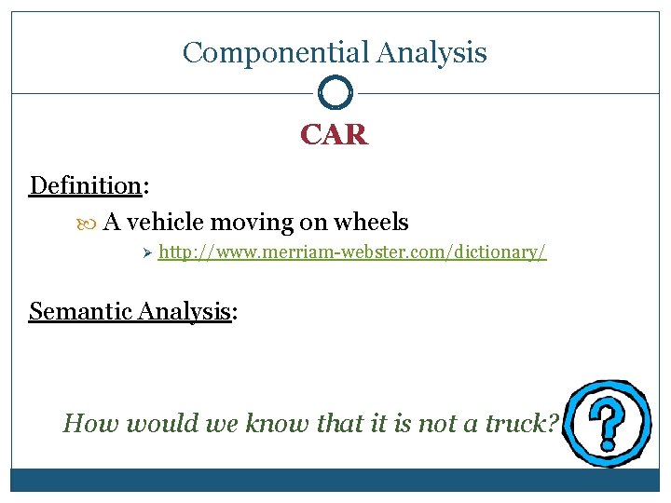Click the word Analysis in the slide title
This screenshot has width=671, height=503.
pyautogui.click(x=431, y=53)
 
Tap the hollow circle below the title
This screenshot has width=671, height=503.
pyautogui.click(x=335, y=93)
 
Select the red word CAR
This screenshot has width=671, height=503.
pyautogui.click(x=335, y=136)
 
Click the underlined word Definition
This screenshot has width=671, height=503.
pyautogui.click(x=85, y=185)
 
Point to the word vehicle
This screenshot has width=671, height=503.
pyautogui.click(x=166, y=223)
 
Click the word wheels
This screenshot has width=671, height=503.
pyautogui.click(x=371, y=223)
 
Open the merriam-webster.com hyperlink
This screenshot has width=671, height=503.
pyautogui.click(x=352, y=252)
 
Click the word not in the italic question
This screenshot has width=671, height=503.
pyautogui.click(x=440, y=425)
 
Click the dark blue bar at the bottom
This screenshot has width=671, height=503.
pyautogui.click(x=335, y=480)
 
